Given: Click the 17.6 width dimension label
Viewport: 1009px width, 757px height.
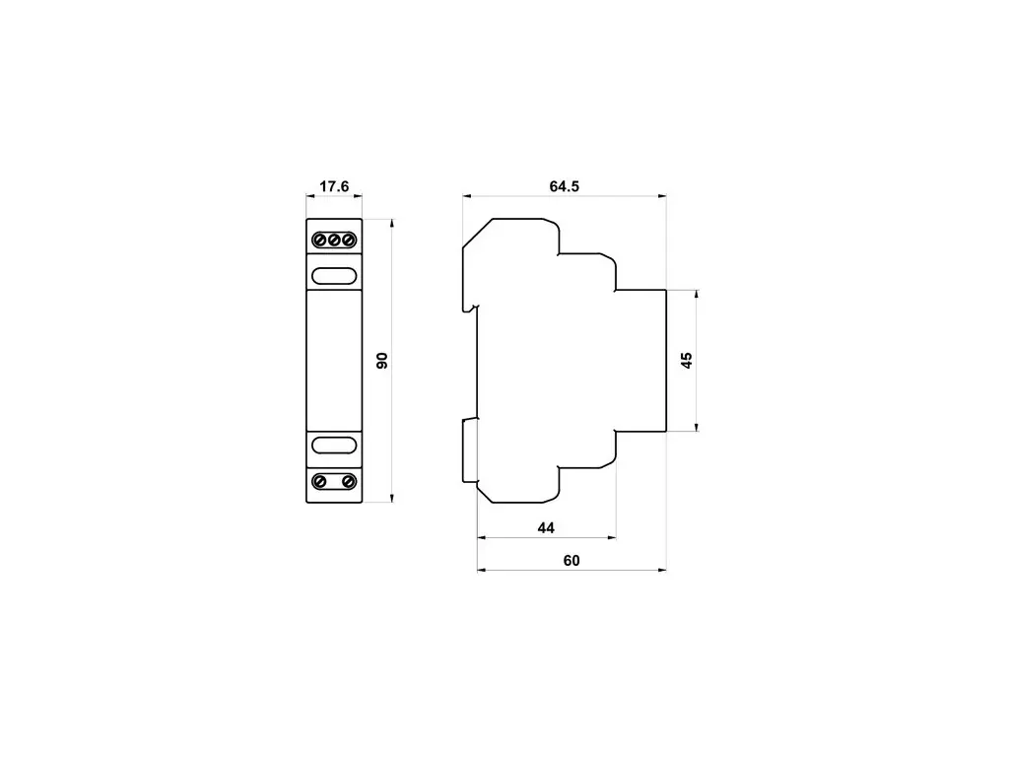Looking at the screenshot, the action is [x=334, y=186].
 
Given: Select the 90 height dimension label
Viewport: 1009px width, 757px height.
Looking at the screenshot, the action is [x=382, y=361].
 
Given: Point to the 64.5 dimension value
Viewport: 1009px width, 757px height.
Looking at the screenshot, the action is [x=565, y=186].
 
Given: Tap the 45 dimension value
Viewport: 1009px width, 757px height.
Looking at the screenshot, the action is [x=687, y=361].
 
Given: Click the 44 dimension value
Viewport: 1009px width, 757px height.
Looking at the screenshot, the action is [x=546, y=528].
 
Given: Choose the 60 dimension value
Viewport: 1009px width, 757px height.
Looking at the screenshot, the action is [x=572, y=561].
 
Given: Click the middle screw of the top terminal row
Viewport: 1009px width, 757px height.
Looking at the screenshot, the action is [x=334, y=241].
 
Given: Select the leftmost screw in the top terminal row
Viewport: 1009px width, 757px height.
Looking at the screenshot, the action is [x=320, y=241].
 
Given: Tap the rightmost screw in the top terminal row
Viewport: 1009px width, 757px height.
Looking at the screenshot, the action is [x=348, y=241].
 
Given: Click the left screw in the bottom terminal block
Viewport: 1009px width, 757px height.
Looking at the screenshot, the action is [x=320, y=481].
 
